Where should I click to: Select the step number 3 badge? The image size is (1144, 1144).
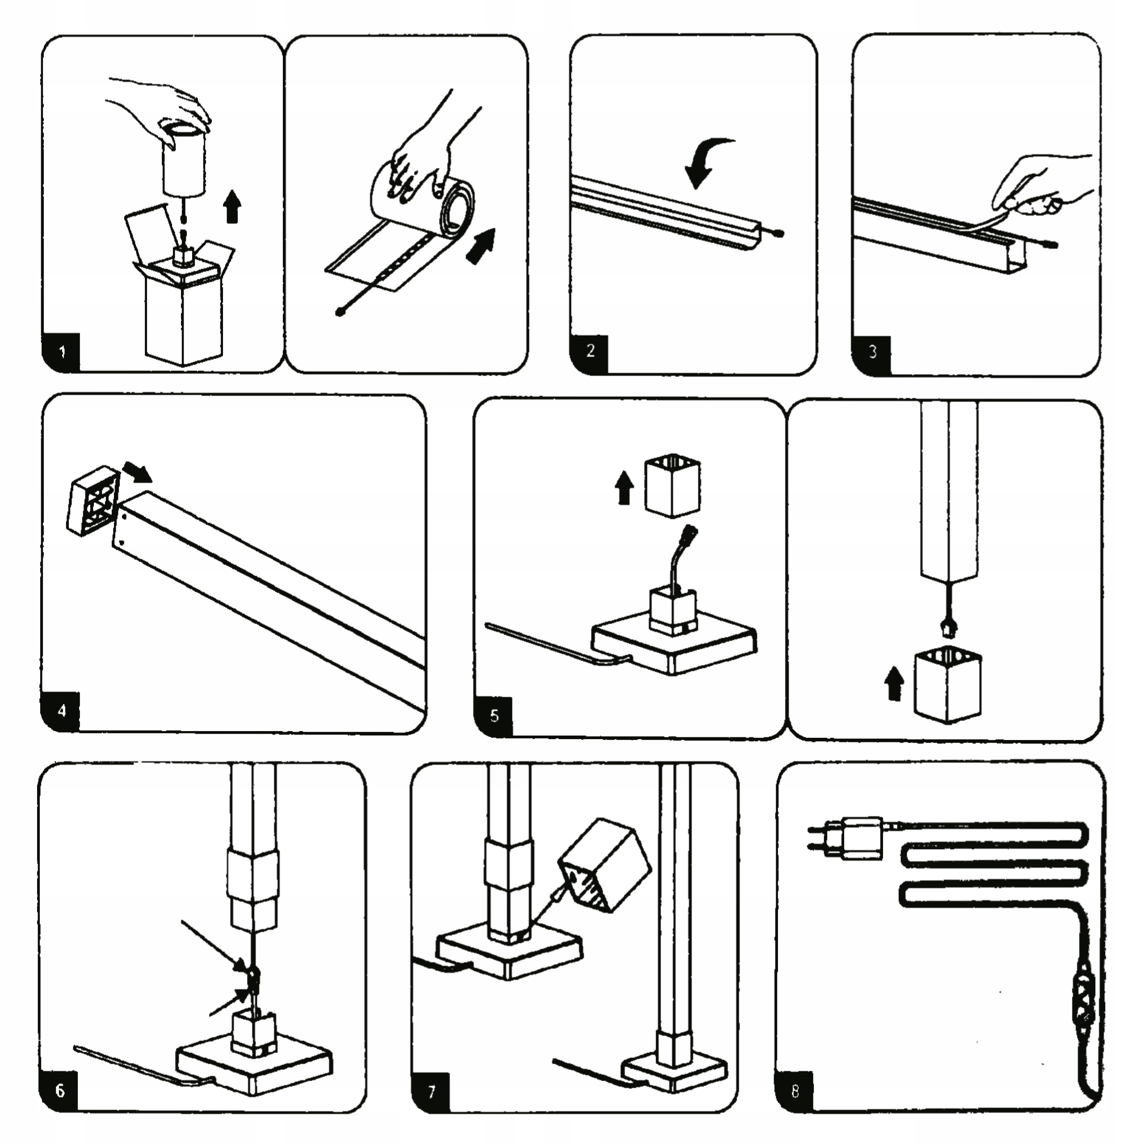pyautogui.click(x=871, y=353)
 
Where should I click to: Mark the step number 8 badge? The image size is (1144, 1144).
pyautogui.click(x=795, y=1091)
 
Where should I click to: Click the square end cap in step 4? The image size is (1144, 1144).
pyautogui.click(x=93, y=500)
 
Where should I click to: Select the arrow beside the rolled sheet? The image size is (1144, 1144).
pyautogui.click(x=481, y=246)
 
